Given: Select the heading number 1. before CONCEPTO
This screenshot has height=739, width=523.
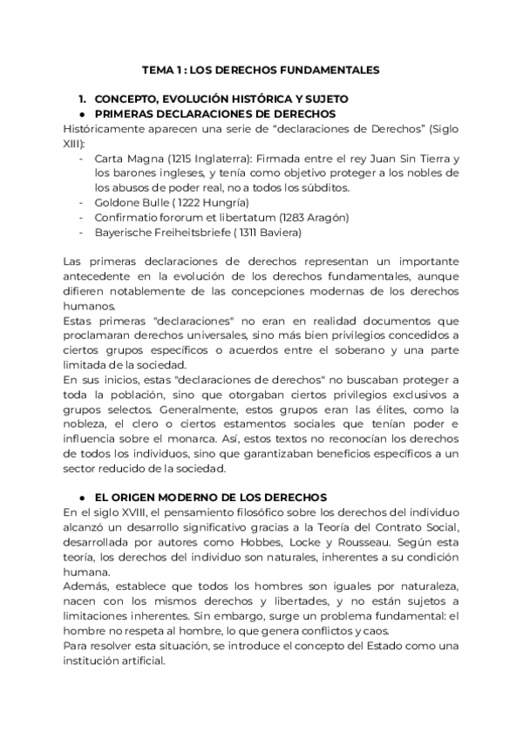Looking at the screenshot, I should click(x=83, y=99).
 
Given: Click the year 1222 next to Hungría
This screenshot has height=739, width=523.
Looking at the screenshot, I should click(x=172, y=202).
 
